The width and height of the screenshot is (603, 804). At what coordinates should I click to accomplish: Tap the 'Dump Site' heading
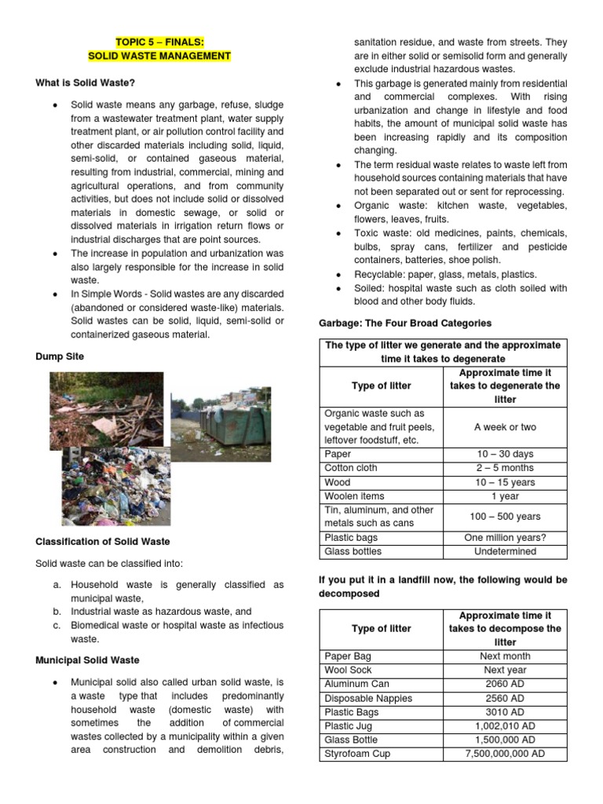pyautogui.click(x=60, y=356)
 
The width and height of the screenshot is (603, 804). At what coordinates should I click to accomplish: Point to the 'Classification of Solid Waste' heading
pyautogui.click(x=102, y=542)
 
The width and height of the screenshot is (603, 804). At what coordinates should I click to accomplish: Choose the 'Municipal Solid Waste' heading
pyautogui.click(x=87, y=660)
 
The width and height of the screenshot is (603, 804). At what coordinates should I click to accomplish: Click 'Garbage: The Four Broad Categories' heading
pyautogui.click(x=404, y=323)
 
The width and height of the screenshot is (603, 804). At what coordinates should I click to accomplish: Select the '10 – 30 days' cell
pyautogui.click(x=505, y=454)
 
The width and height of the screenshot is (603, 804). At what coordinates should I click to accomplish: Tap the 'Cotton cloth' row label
pyautogui.click(x=351, y=468)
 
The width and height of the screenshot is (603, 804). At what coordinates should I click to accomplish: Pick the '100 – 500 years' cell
pyautogui.click(x=505, y=517)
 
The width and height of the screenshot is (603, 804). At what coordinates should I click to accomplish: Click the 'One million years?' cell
pyautogui.click(x=505, y=538)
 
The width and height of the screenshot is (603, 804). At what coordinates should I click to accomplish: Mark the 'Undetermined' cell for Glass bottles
pyautogui.click(x=505, y=551)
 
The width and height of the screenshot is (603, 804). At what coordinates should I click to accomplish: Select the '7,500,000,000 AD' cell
pyautogui.click(x=505, y=754)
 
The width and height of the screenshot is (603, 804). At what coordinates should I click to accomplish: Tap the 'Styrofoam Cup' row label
pyautogui.click(x=357, y=754)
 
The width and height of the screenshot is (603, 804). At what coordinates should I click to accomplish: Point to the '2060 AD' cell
pyautogui.click(x=505, y=684)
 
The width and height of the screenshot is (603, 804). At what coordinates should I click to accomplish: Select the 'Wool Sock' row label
pyautogui.click(x=348, y=670)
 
